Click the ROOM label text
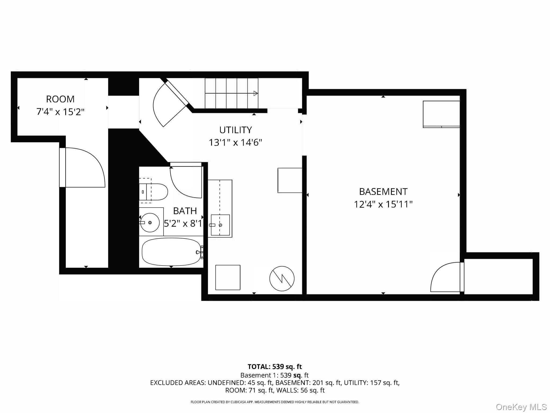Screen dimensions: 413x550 pyautogui.click(x=60, y=99)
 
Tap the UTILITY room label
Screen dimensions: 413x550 pyautogui.click(x=236, y=130)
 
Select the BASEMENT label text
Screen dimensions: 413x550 pyautogui.click(x=383, y=192)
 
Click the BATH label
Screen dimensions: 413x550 pyautogui.click(x=185, y=211)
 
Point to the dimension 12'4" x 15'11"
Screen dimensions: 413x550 pyautogui.click(x=383, y=204)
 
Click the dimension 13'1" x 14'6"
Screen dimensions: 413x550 pyautogui.click(x=236, y=143)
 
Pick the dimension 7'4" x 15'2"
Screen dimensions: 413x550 pyautogui.click(x=60, y=112)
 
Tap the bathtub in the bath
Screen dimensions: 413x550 pyautogui.click(x=171, y=252)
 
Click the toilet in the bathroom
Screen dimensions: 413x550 pyautogui.click(x=156, y=192)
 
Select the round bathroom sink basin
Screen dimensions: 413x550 pyautogui.click(x=150, y=223)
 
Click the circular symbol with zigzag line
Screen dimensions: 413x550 pyautogui.click(x=282, y=279)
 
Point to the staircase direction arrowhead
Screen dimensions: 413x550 pyautogui.click(x=256, y=94)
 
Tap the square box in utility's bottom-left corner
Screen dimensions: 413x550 pyautogui.click(x=228, y=277)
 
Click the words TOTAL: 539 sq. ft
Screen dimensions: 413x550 pyautogui.click(x=274, y=367)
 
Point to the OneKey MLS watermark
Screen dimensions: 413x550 pyautogui.click(x=521, y=407)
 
